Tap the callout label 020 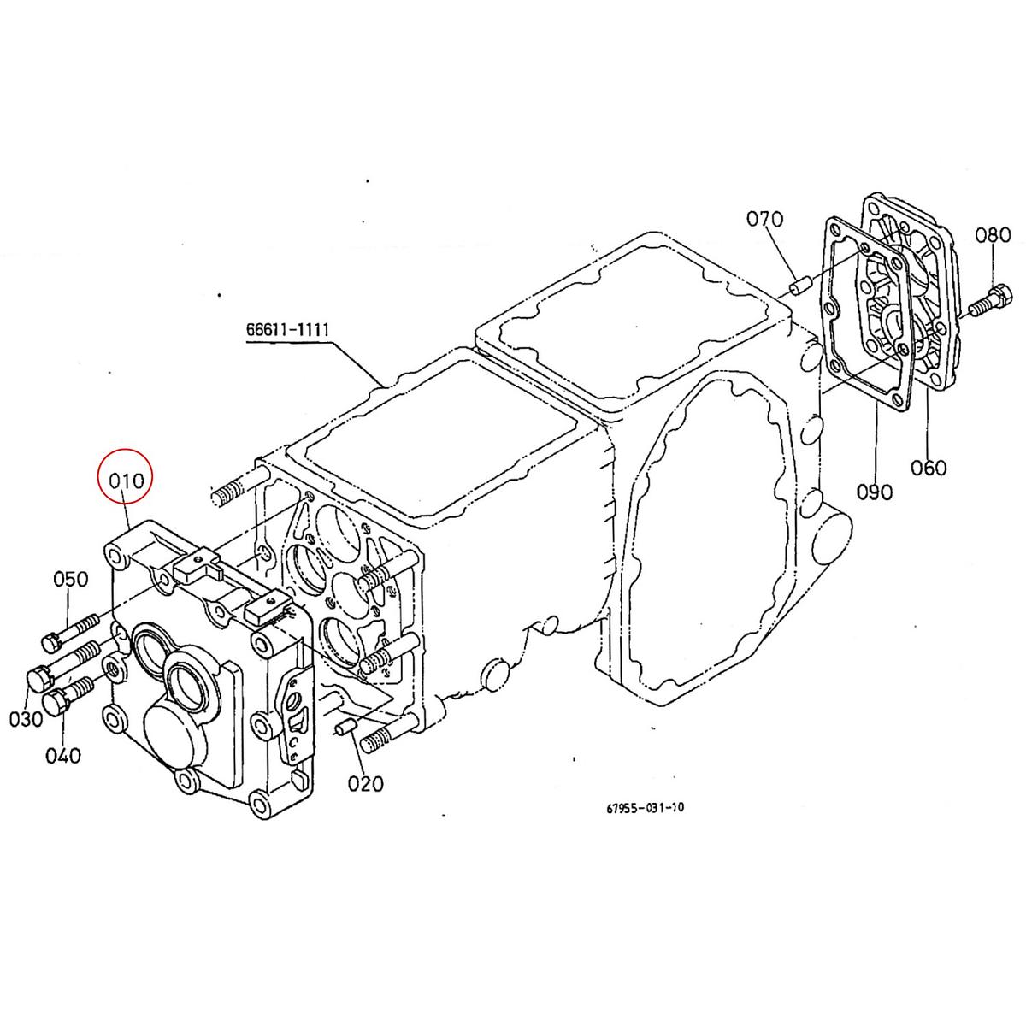point(366,782)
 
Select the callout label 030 point(27,719)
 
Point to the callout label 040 point(64,756)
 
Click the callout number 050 point(71,579)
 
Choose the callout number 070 point(764,220)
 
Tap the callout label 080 point(993,234)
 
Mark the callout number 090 point(875,492)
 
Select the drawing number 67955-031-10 point(646,809)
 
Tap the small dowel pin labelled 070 point(799,286)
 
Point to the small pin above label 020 point(345,729)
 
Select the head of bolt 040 point(53,703)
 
